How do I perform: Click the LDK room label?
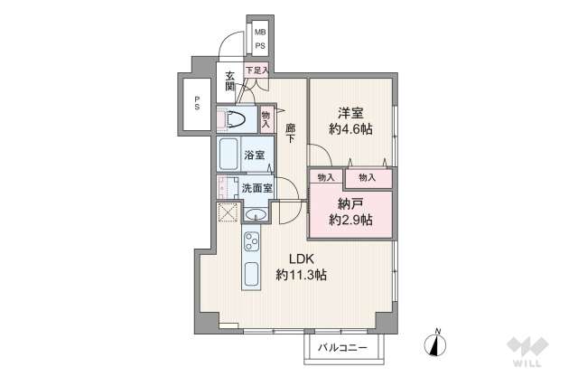pyautogui.click(x=302, y=258)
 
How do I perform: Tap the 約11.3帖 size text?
pyautogui.click(x=302, y=274)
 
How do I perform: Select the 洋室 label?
pyautogui.click(x=350, y=114)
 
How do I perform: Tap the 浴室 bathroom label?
pyautogui.click(x=254, y=155)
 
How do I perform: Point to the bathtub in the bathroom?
pyautogui.click(x=228, y=154)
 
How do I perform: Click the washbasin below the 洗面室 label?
pyautogui.click(x=256, y=215)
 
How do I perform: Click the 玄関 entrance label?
pyautogui.click(x=231, y=80)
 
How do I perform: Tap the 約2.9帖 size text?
pyautogui.click(x=351, y=221)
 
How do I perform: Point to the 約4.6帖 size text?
pyautogui.click(x=351, y=130)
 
